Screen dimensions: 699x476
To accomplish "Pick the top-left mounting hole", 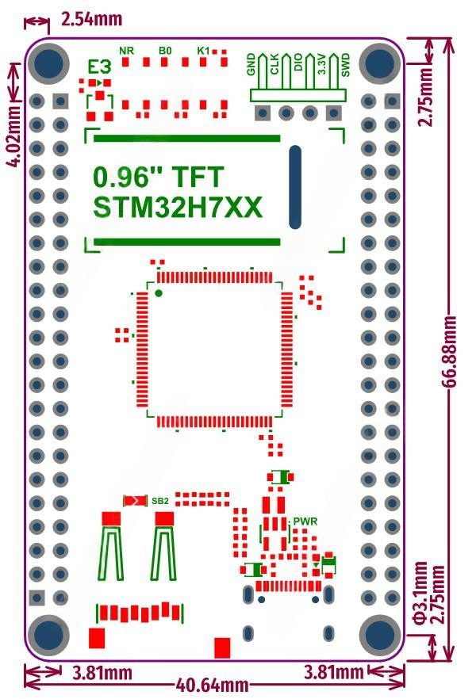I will click(49, 64).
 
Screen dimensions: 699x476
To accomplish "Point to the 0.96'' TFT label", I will click(159, 175).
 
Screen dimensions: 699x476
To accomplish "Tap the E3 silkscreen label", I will click(99, 67).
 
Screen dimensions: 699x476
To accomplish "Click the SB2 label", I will click(160, 501).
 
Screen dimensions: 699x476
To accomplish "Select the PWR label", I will click(305, 521).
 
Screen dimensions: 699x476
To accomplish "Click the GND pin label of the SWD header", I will click(251, 64).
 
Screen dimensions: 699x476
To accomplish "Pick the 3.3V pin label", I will click(321, 64).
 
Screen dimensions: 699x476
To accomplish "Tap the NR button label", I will click(126, 51).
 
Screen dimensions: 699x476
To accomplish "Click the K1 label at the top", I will click(203, 51).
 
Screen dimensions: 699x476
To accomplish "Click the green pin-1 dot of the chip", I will click(159, 293).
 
